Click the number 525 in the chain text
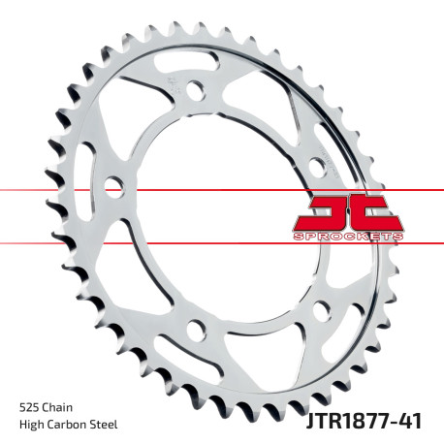tap(29, 405)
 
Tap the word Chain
tap(59, 405)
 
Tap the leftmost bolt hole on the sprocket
tap(113, 184)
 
